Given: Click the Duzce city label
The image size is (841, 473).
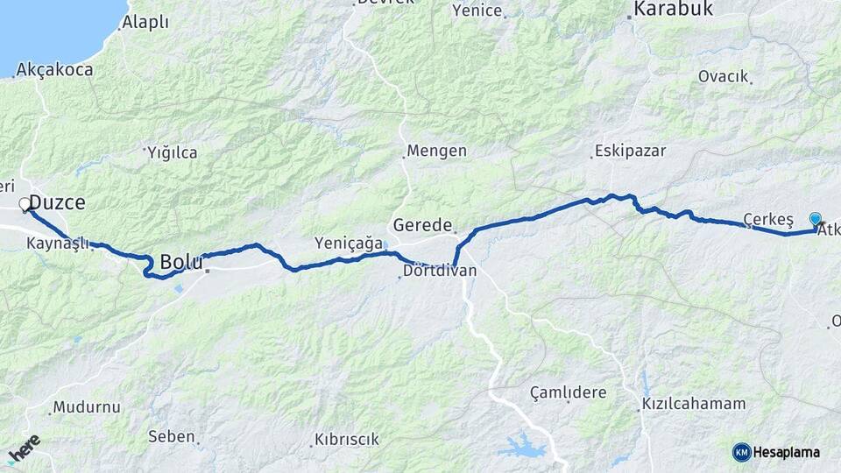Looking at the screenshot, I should (x=57, y=202).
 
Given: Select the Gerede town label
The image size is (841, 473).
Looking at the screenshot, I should (x=422, y=223).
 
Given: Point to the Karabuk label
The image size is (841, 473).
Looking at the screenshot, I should (x=673, y=10).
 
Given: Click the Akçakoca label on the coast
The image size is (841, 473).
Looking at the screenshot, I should (x=54, y=69).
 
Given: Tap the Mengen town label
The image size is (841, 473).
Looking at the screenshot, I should (x=438, y=151).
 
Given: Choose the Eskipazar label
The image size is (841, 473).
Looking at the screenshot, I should (x=625, y=151).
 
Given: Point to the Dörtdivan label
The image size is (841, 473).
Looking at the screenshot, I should (x=440, y=271).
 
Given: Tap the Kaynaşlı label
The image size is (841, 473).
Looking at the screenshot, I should (x=60, y=244).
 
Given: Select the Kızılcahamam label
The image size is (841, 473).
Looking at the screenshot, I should (x=694, y=404).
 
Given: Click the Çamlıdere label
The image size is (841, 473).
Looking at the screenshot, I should (x=569, y=392).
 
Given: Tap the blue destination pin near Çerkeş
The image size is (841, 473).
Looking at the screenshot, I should (x=816, y=219).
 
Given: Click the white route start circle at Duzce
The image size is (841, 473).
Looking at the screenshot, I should (x=25, y=206).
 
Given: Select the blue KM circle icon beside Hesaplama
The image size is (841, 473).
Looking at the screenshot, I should (x=741, y=452).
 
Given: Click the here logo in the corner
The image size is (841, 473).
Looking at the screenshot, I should (x=25, y=449).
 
